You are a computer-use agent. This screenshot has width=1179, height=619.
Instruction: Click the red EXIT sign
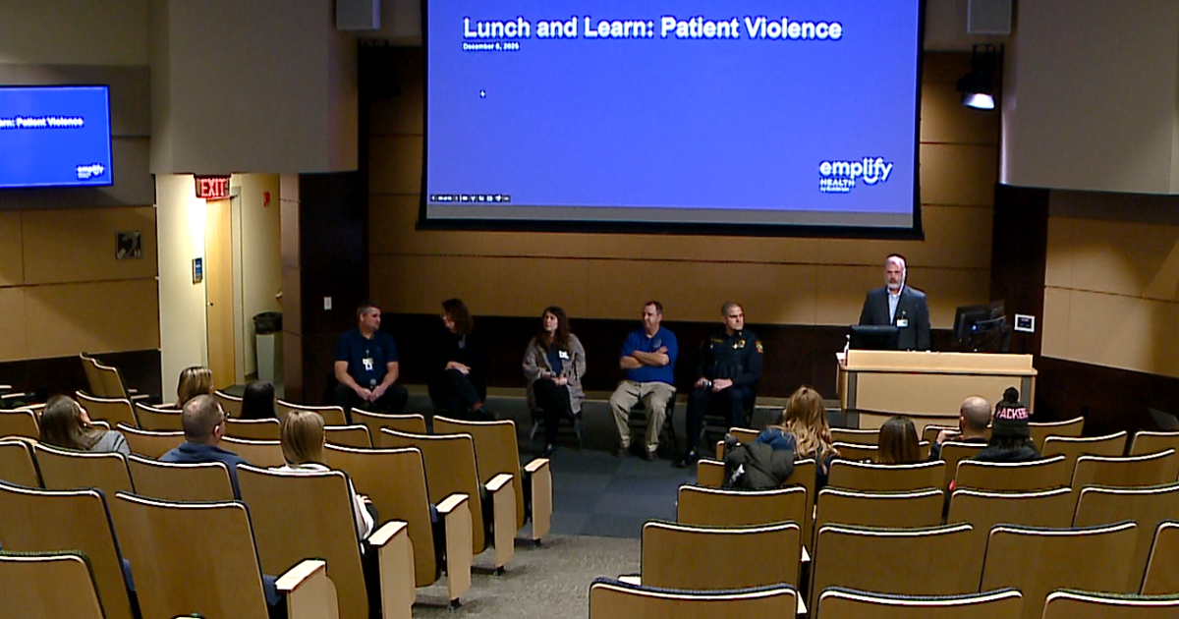pos(212,187)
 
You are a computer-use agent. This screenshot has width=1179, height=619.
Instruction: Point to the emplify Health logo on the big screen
pos(855,173)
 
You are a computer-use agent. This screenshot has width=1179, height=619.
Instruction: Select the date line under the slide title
pos(490,46)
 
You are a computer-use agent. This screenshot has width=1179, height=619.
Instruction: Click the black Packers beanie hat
pos(1011,413)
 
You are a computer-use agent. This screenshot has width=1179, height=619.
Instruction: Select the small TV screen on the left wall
pos(54,137)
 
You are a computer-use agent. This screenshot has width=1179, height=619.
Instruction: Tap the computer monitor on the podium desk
pos(872,337)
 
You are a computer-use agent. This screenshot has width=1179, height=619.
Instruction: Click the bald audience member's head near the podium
pos(975,414)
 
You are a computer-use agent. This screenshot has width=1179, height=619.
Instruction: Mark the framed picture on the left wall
pos(128,245)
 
